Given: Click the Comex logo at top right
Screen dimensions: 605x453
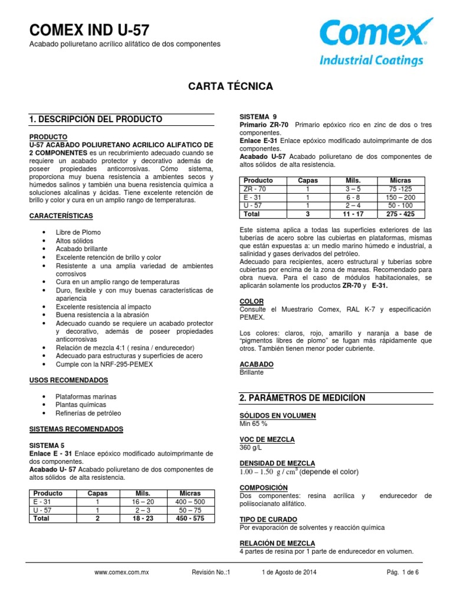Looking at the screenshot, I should [x=372, y=42].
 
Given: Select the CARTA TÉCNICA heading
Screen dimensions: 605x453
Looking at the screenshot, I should [x=230, y=86].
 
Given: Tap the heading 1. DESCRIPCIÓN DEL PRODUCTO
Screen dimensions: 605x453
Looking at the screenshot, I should [x=96, y=119].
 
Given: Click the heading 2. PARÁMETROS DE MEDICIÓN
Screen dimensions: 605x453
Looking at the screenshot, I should [x=302, y=398].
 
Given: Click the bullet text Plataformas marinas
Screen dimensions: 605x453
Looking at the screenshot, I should [x=86, y=396].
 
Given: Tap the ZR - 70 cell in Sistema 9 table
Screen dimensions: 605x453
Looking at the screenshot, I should [x=258, y=188].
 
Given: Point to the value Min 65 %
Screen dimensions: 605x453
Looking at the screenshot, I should [x=254, y=424].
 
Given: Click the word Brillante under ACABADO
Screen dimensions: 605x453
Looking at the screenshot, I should [x=252, y=373].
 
